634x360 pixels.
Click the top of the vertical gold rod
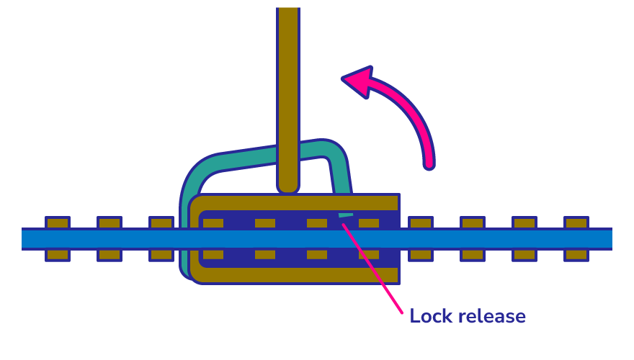[288, 12]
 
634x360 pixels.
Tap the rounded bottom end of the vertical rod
[288, 186]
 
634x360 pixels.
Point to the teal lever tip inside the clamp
[345, 215]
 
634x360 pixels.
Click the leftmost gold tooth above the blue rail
[58, 222]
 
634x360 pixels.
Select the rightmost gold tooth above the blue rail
[576, 222]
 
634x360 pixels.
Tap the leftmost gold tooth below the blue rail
[58, 255]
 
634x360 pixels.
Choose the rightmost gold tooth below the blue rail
[576, 255]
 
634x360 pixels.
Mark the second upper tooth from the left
[110, 222]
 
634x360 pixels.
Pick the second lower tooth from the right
[524, 255]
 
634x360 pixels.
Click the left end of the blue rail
[26, 238]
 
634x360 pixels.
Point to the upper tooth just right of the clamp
[421, 222]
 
